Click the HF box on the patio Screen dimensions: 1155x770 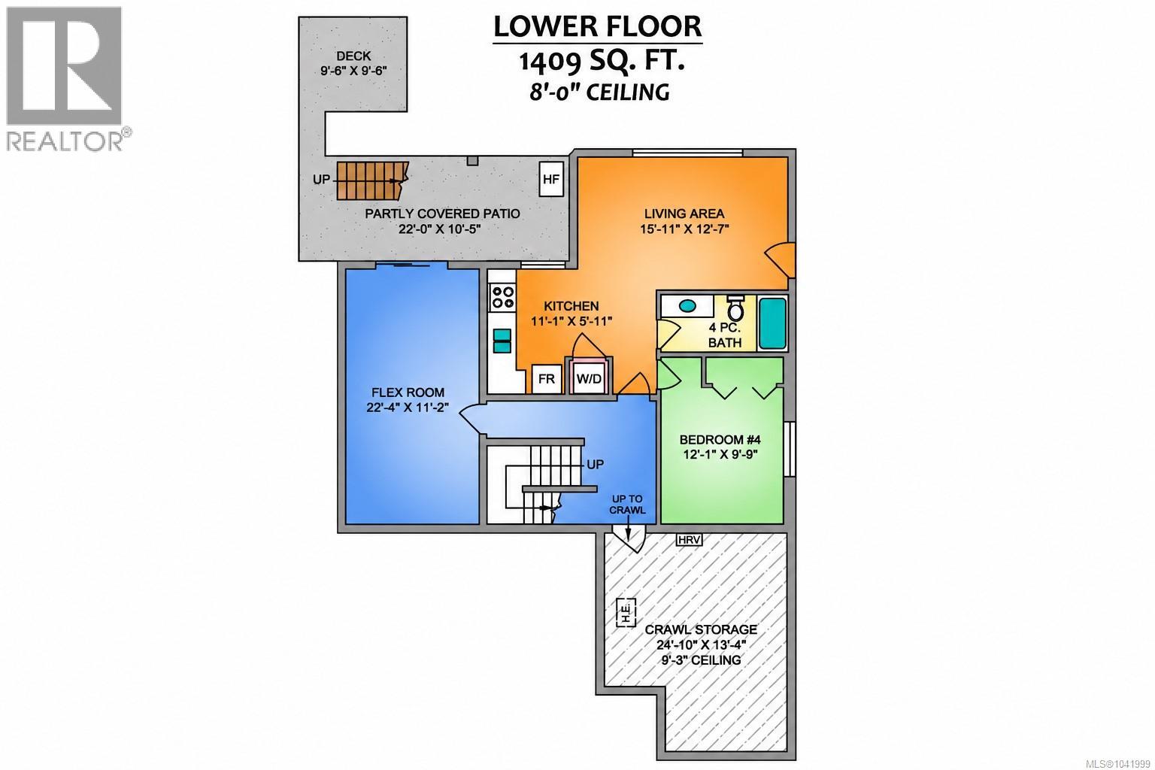551,179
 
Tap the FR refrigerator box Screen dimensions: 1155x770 547,379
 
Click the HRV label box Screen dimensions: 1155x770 690,540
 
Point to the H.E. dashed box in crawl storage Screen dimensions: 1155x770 626,613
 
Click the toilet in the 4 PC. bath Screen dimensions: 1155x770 735,308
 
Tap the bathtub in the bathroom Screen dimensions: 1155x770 772,323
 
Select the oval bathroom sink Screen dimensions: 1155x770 687,305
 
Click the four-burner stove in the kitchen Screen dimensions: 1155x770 503,297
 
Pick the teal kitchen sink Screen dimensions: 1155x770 502,341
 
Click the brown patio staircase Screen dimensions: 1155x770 372,180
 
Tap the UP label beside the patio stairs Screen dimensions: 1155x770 321,180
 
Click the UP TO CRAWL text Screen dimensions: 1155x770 627,505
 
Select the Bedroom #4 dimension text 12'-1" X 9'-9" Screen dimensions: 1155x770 720,454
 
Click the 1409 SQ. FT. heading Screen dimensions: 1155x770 602,61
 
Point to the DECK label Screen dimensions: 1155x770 353,56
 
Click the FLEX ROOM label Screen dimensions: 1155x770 408,393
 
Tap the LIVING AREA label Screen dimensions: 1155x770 684,214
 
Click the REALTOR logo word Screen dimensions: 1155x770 65,141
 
